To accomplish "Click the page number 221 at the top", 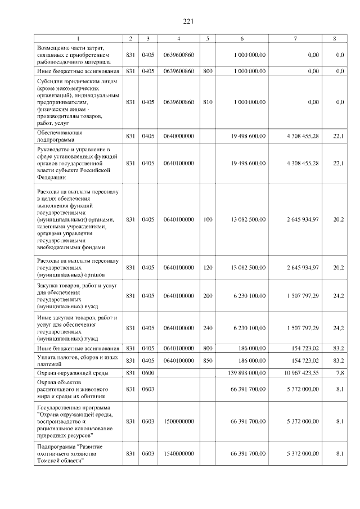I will click(188, 21).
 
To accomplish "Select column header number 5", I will click(208, 38).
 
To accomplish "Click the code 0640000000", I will click(178, 136).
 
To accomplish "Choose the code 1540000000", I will click(178, 453).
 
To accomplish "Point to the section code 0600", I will click(148, 372).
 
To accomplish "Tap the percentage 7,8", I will click(339, 372).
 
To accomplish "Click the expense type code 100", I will click(208, 219).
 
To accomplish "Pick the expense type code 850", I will click(208, 359).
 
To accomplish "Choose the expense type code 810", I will click(208, 102).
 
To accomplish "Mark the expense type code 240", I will click(208, 327).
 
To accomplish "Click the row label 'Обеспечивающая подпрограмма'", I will click(60, 136).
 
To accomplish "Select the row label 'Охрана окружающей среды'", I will click(70, 372).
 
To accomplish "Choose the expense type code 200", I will click(208, 295).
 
